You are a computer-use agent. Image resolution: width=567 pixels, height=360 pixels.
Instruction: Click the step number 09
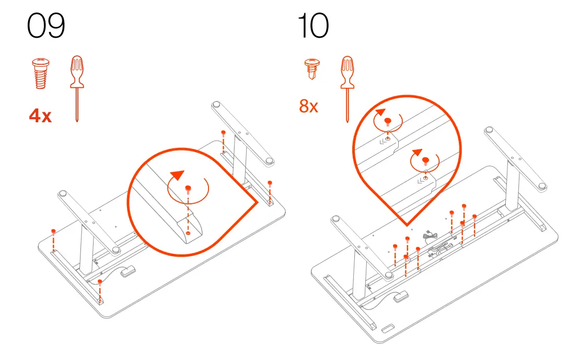[x=46, y=27]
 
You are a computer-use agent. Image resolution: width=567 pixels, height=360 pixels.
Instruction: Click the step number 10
[x=313, y=27]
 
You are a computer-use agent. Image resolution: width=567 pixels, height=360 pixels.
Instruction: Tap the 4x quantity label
[x=40, y=115]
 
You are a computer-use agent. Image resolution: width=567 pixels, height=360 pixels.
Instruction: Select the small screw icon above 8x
[x=311, y=68]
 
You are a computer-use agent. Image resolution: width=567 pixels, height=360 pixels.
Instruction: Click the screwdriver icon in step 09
[x=77, y=87]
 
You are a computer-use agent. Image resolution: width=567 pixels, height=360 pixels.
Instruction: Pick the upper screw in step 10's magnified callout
[x=387, y=121]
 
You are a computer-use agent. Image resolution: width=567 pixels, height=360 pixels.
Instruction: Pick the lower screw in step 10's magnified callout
[x=425, y=160]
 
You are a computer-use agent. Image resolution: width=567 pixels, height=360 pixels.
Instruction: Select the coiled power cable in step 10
[x=430, y=237]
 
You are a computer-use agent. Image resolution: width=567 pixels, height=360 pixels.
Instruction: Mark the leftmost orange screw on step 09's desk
[x=53, y=230]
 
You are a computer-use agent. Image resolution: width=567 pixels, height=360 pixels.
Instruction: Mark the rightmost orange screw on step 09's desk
[x=270, y=182]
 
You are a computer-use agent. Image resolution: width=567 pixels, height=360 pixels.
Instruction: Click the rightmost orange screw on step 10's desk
[x=475, y=216]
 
